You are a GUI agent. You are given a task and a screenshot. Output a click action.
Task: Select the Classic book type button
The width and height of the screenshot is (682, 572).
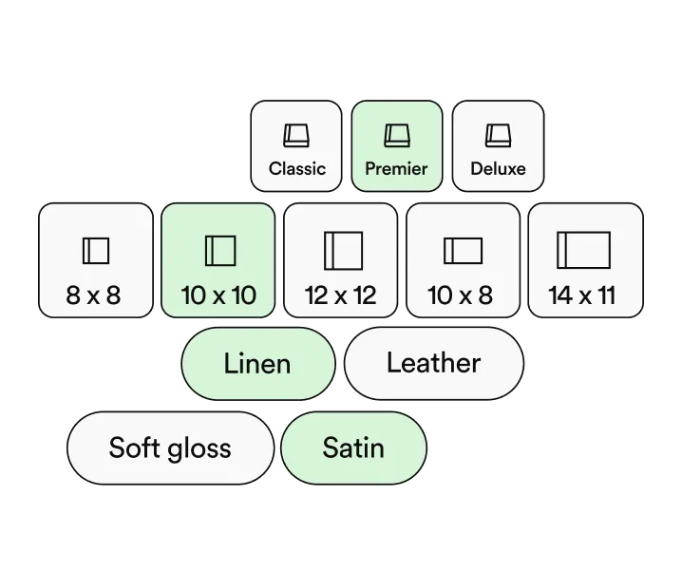click(296, 146)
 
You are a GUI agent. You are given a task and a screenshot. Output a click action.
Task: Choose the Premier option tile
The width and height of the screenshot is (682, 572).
click(397, 146)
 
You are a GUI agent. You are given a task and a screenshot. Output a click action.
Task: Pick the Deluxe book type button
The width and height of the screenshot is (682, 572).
click(498, 146)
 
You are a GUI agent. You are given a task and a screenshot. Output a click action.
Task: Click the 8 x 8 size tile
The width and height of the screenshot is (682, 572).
click(96, 260)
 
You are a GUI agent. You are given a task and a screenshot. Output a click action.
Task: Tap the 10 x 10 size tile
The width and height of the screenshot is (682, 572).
click(218, 260)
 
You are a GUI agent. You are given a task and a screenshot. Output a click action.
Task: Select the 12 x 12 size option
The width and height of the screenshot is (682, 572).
click(341, 260)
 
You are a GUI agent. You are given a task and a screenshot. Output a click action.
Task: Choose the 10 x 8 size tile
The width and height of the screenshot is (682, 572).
click(463, 260)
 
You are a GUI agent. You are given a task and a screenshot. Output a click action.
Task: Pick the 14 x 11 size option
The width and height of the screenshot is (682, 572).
click(585, 260)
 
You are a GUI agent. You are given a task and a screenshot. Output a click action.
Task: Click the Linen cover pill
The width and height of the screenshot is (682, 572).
click(258, 364)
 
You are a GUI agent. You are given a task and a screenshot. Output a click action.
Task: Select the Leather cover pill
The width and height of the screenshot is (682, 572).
click(434, 364)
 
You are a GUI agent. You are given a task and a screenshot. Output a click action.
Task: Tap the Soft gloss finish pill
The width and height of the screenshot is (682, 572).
click(171, 448)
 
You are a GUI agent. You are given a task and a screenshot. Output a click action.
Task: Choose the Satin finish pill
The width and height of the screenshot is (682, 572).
click(353, 448)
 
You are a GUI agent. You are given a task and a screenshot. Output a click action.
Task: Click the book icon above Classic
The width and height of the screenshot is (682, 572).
click(296, 136)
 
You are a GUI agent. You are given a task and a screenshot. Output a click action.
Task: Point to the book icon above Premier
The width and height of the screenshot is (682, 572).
click(397, 136)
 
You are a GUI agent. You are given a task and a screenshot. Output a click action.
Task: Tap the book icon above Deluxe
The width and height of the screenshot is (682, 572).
click(498, 136)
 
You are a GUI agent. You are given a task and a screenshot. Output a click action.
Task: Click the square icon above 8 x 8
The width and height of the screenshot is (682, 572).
click(96, 251)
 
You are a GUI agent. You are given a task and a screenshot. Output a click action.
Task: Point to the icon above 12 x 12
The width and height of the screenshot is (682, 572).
click(344, 251)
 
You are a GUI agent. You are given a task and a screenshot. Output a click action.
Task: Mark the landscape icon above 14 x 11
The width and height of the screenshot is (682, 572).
click(584, 250)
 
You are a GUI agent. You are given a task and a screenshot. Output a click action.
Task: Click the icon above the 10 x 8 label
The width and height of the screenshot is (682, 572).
click(463, 251)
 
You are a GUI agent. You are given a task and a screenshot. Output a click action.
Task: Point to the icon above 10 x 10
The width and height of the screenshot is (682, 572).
click(220, 251)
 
